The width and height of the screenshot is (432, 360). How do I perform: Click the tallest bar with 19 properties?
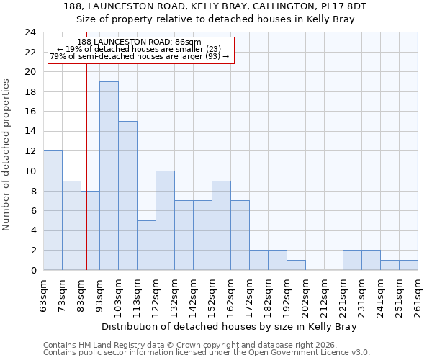click(109, 176)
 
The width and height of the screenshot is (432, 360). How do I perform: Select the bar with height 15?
click(127, 196)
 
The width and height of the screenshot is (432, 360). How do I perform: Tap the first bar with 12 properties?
click(53, 210)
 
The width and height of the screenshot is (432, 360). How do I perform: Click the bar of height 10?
click(165, 220)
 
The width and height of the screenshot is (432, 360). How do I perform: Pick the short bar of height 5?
click(146, 245)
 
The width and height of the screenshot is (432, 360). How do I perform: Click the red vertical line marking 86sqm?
click(86, 166)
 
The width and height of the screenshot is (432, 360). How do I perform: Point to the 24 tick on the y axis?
click(30, 32)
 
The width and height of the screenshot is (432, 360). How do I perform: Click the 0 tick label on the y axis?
click(33, 271)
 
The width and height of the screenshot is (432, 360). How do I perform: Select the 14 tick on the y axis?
click(30, 132)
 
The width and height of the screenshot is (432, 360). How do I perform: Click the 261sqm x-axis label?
click(418, 295)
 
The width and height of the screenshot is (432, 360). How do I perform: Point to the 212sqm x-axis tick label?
click(325, 295)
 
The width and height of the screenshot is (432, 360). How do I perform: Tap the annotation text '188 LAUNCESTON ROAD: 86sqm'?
click(139, 42)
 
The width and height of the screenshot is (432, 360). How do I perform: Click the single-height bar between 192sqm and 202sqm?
click(296, 265)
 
